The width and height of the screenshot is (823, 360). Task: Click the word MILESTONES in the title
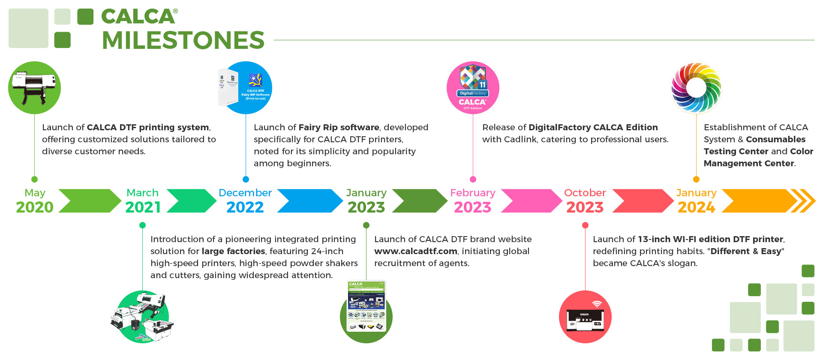[183, 40]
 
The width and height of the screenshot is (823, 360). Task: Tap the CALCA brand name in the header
[138, 17]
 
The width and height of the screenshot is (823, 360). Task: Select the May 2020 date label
[35, 201]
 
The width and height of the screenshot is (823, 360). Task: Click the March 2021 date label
[143, 201]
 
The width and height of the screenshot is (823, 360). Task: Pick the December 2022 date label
[245, 201]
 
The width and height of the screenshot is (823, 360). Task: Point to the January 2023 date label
[366, 201]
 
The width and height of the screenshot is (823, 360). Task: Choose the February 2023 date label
[472, 201]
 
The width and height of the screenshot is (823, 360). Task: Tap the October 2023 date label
[585, 201]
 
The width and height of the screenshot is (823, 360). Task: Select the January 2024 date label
[696, 201]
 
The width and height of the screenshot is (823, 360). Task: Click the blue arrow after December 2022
[309, 201]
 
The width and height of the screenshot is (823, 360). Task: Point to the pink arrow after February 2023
[531, 201]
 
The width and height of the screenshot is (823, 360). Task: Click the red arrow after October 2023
[642, 201]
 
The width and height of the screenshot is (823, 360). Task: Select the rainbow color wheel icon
[696, 88]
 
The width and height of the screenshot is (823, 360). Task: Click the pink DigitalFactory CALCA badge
[473, 88]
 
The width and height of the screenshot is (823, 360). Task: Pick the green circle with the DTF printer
[34, 88]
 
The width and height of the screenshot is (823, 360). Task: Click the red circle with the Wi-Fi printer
[585, 317]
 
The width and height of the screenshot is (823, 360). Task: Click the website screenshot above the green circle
[366, 306]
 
